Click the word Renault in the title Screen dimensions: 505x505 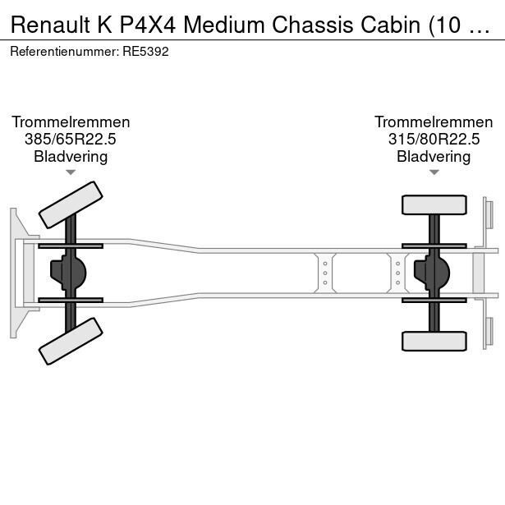[50, 25]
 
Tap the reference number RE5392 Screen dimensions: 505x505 [145, 52]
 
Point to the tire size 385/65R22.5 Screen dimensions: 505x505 [71, 139]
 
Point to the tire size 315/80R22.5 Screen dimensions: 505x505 [434, 139]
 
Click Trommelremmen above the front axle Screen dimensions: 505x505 [71, 122]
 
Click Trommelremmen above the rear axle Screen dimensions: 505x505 [434, 122]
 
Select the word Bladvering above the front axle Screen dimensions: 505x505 [71, 157]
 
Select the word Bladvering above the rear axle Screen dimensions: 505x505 [434, 157]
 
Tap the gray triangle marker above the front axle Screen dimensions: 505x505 [71, 172]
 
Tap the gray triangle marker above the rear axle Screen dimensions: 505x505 [434, 172]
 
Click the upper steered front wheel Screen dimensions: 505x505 [71, 204]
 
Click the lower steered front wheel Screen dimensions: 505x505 [71, 341]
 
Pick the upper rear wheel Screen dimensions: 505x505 [434, 204]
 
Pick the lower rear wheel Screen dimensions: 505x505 [434, 341]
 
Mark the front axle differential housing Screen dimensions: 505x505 [68, 273]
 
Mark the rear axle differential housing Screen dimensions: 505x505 [431, 273]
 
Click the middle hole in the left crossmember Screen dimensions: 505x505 [325, 273]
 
